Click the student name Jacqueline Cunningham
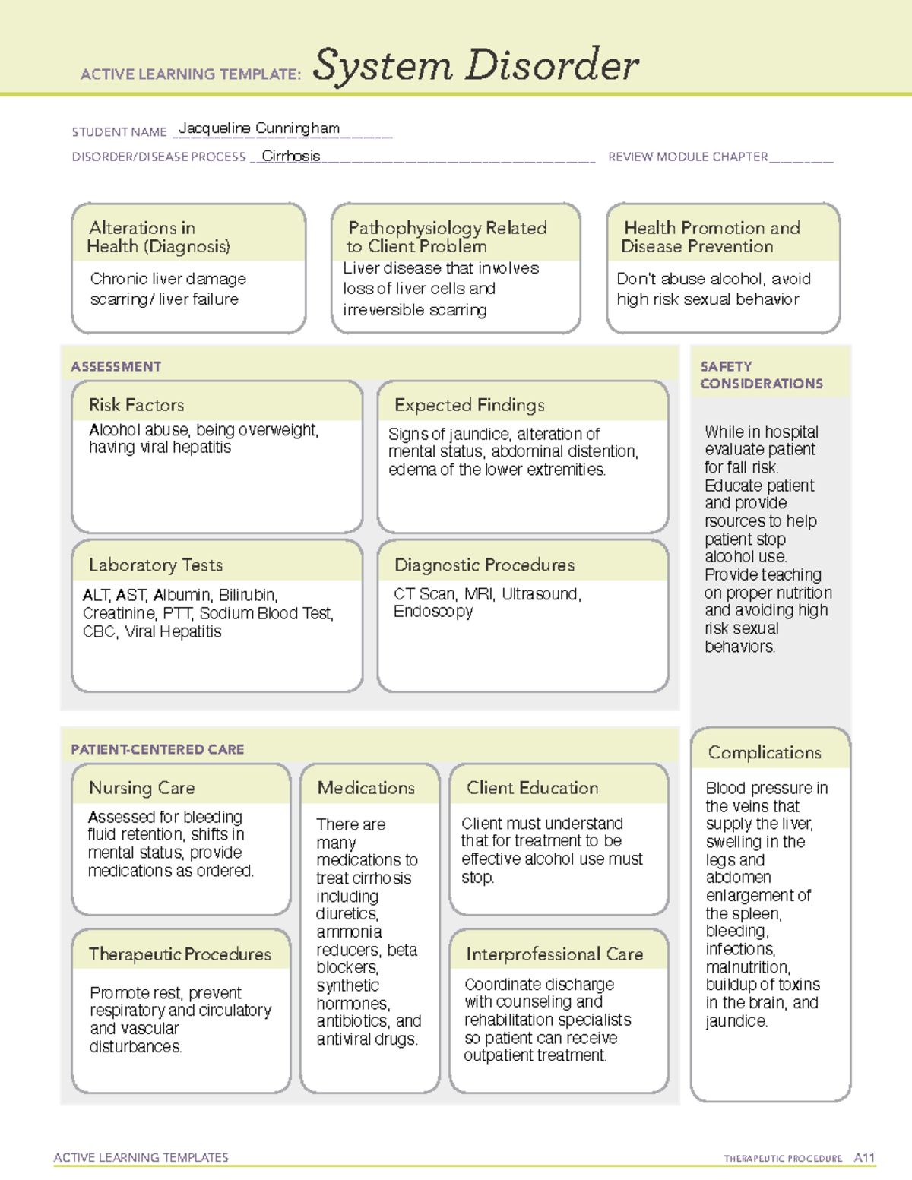258,128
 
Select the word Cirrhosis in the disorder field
291,156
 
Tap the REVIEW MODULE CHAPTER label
687,157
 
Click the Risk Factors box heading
136,405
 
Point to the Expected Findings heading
469,405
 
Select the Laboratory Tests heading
155,565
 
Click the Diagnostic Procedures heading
484,565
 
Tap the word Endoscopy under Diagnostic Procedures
432,612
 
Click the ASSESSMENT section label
116,366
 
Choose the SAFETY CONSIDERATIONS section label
761,375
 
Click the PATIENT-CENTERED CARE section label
157,749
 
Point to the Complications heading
765,752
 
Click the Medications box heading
366,788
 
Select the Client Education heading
532,788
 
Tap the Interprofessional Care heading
554,954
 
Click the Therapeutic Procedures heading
179,954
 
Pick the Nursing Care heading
141,788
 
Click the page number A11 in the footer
864,1157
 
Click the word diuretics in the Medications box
347,913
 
